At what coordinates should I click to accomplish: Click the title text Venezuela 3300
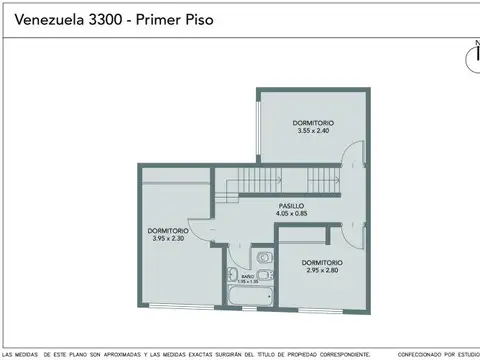(x=64, y=19)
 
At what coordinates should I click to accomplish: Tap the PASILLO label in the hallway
(x=292, y=205)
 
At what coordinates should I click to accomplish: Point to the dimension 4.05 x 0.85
(x=292, y=213)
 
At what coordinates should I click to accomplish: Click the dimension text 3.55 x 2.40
(x=314, y=131)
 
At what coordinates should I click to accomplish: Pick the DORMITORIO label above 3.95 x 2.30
(x=167, y=231)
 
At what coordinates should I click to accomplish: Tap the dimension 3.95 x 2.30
(x=167, y=239)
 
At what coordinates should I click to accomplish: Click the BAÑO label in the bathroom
(x=247, y=275)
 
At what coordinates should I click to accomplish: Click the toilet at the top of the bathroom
(x=262, y=258)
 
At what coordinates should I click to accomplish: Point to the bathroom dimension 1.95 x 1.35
(x=247, y=281)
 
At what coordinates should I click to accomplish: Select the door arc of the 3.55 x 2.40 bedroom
(x=351, y=160)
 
